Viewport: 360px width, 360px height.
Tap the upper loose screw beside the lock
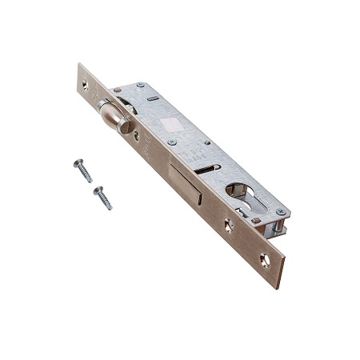pyautogui.click(x=82, y=170)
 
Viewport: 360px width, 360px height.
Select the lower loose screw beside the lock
pyautogui.click(x=102, y=197)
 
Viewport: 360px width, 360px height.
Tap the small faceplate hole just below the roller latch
pyautogui.click(x=137, y=135)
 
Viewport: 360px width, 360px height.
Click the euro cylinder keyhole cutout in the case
pyautogui.click(x=240, y=193)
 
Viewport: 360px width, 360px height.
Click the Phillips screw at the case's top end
pyautogui.click(x=141, y=86)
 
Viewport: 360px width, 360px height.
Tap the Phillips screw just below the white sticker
pyautogui.click(x=172, y=142)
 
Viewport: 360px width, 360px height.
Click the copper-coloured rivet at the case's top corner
pyautogui.click(x=117, y=90)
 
